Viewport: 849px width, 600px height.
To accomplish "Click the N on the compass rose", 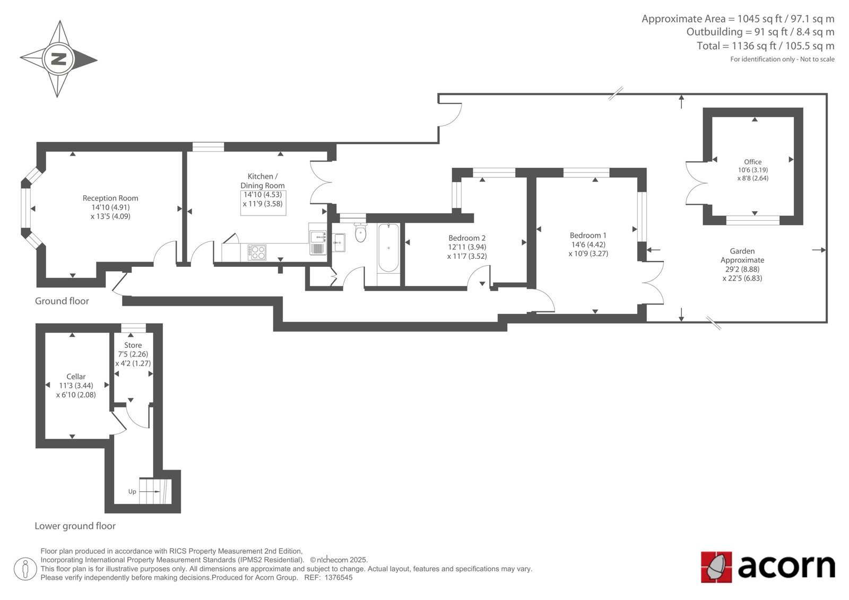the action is [59, 59].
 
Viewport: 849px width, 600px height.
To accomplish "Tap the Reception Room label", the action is [110, 198].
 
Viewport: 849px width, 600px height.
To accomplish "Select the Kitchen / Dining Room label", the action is [263, 181].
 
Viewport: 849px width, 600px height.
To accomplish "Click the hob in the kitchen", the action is [257, 252].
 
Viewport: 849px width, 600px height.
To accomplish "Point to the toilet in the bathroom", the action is [360, 232].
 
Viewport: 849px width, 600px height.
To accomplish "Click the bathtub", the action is [388, 248].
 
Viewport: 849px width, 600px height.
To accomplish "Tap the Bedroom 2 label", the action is [467, 238].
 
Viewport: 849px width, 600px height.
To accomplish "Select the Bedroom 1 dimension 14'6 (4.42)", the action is [588, 245].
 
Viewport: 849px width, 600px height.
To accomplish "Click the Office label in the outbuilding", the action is [753, 162].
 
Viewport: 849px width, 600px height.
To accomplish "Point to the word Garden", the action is [742, 251].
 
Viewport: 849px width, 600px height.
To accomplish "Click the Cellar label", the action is [76, 376].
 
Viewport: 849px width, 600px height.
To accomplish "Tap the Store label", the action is [133, 345].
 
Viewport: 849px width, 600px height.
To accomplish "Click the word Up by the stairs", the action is [132, 492].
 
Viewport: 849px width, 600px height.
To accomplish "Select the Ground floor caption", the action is [62, 301].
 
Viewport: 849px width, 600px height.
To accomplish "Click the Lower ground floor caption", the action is [75, 526].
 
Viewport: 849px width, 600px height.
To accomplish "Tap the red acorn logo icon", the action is [716, 567].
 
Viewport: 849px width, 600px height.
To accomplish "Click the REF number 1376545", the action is [339, 578].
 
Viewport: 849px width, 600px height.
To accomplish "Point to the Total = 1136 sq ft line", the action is [765, 46].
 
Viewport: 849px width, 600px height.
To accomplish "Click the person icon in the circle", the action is [25, 569].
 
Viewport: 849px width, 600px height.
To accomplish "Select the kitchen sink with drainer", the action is [318, 242].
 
